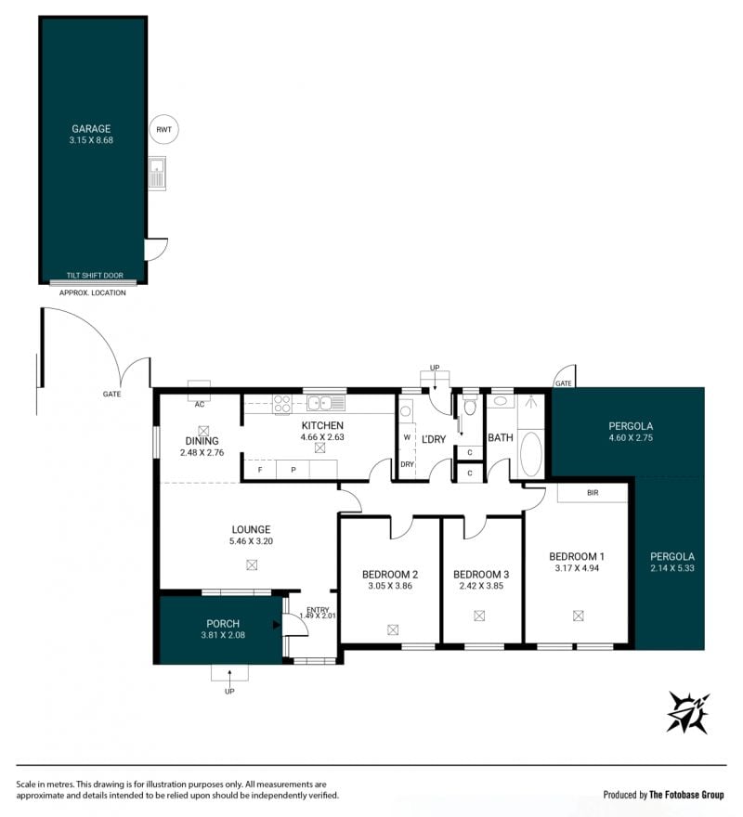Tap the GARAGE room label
pyautogui.click(x=91, y=129)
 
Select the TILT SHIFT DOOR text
pyautogui.click(x=95, y=275)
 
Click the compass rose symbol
pyautogui.click(x=688, y=712)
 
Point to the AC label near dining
pyautogui.click(x=199, y=405)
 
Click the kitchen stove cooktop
pyautogui.click(x=282, y=405)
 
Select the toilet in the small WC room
pyautogui.click(x=470, y=407)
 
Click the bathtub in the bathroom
pyautogui.click(x=531, y=453)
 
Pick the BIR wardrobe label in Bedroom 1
pyautogui.click(x=593, y=492)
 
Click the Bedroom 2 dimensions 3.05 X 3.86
pyautogui.click(x=390, y=586)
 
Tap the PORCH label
pyautogui.click(x=223, y=624)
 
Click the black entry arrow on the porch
pyautogui.click(x=277, y=625)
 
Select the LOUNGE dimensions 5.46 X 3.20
pyautogui.click(x=251, y=541)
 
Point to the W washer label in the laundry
pyautogui.click(x=407, y=437)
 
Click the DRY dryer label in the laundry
pyautogui.click(x=407, y=464)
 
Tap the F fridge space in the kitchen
pyautogui.click(x=260, y=470)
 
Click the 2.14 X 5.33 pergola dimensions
pyautogui.click(x=672, y=568)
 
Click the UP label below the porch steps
pyautogui.click(x=229, y=692)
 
